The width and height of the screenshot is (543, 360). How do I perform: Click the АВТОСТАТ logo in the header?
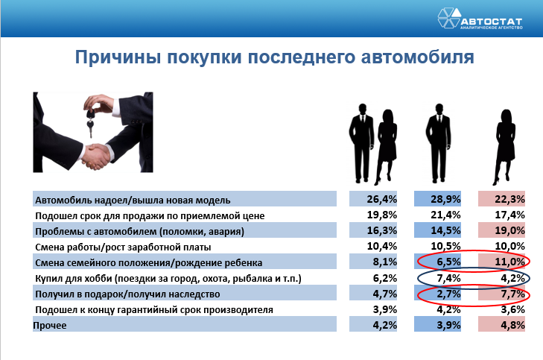click(x=480, y=18)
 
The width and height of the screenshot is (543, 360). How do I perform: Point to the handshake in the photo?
click(x=98, y=156)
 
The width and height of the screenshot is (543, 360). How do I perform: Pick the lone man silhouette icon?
click(x=439, y=143)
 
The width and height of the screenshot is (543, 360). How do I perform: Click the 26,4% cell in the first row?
click(x=381, y=199)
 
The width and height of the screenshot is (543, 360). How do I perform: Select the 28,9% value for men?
click(x=445, y=199)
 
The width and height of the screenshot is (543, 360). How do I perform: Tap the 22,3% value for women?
click(x=509, y=199)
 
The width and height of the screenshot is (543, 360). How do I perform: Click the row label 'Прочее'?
click(x=50, y=326)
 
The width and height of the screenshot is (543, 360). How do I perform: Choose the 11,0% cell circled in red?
click(x=509, y=262)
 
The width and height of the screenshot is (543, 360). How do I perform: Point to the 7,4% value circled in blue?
click(x=448, y=278)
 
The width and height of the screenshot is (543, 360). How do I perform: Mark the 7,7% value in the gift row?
click(x=513, y=294)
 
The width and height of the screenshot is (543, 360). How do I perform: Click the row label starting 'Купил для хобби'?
click(x=168, y=279)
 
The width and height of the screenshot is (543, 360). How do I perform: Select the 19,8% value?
click(x=381, y=215)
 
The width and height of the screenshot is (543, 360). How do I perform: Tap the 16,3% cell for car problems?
click(x=381, y=230)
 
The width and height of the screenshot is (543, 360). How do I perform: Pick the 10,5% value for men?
click(x=445, y=246)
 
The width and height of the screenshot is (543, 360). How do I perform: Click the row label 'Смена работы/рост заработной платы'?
click(x=123, y=247)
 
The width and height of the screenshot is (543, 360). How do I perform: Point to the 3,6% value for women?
click(x=513, y=309)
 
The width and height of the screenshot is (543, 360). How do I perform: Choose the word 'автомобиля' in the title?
click(x=417, y=57)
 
